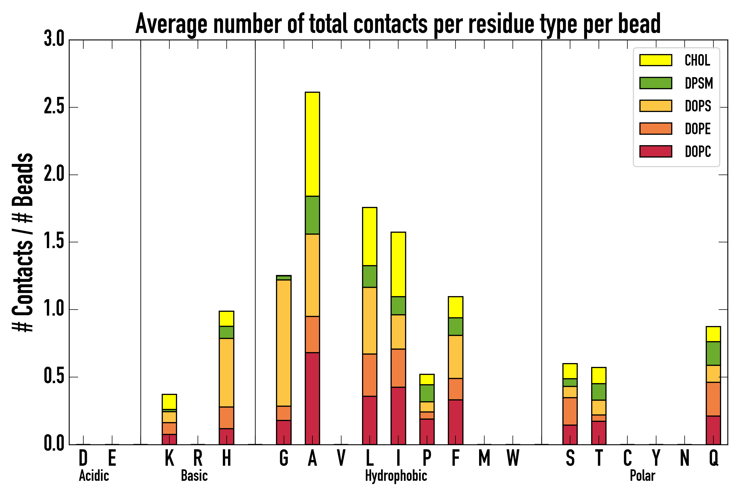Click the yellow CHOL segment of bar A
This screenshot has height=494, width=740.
coord(312,144)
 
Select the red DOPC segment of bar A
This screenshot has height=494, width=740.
coord(312,398)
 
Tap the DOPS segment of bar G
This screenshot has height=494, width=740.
coord(283,343)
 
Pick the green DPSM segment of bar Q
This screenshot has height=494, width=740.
coord(713,353)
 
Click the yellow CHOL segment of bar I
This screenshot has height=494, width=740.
coord(398,264)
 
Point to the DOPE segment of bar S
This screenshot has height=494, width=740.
coord(570,411)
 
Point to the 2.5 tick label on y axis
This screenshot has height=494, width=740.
coord(54,107)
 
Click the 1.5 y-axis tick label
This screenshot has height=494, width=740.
coord(54,242)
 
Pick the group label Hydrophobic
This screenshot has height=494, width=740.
coord(396,476)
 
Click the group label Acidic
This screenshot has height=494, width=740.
coord(94,476)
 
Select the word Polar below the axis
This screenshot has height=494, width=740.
coord(642,476)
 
